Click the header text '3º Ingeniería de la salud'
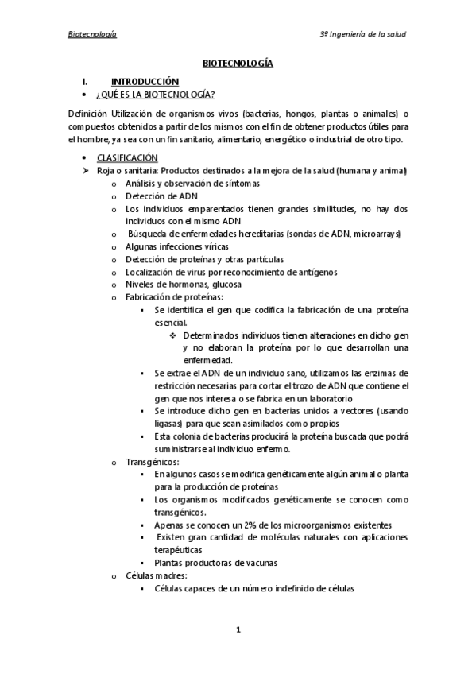[x=362, y=34]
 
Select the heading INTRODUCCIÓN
[x=145, y=81]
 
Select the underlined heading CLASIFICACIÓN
[x=127, y=157]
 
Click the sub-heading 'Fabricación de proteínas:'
[x=168, y=296]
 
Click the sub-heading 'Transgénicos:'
[x=153, y=461]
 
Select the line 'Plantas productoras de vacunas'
[x=216, y=562]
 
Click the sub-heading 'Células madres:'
[x=156, y=575]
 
